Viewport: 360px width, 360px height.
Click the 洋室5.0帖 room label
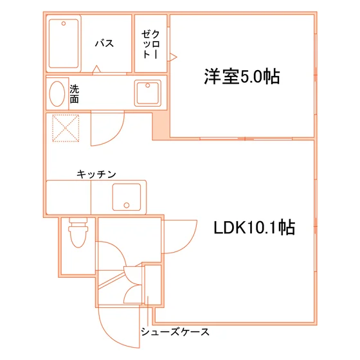pos(242,76)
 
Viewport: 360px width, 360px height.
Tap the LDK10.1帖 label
pos(255,228)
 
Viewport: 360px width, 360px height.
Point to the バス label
pos(104,43)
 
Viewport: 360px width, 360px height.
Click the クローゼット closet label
pos(150,44)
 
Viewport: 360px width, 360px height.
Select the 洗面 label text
pos(75,94)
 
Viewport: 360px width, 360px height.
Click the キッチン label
pos(96,174)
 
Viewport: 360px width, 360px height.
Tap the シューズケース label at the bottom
pos(175,332)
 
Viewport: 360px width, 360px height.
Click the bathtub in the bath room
pos(64,44)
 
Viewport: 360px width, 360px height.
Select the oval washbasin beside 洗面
pos(57,94)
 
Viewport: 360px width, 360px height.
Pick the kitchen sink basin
pos(127,197)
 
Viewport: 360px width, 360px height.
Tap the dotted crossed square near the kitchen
pos(66,128)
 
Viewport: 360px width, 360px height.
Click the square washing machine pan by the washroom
pos(148,93)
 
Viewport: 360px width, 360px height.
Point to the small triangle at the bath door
pos(96,69)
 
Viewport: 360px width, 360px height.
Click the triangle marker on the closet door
pos(173,57)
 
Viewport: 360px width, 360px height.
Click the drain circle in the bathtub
pos(64,23)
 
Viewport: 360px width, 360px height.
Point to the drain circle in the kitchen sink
pos(127,205)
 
